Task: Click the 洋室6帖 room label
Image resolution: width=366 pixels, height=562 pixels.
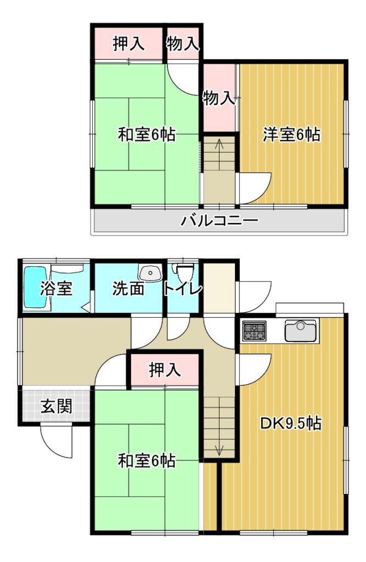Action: pos(291,135)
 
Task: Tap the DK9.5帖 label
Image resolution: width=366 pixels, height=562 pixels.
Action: pos(291,423)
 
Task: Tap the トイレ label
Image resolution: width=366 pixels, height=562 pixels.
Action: pos(183,289)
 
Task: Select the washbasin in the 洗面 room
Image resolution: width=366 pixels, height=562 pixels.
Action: pos(151,273)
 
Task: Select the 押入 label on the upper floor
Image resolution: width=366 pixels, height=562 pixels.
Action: pos(129,44)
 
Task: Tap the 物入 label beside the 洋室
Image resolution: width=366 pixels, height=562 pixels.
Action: pos(219,98)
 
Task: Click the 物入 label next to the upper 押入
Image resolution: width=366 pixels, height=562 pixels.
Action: pos(183,44)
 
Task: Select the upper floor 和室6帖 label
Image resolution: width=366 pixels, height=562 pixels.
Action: pos(147,135)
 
